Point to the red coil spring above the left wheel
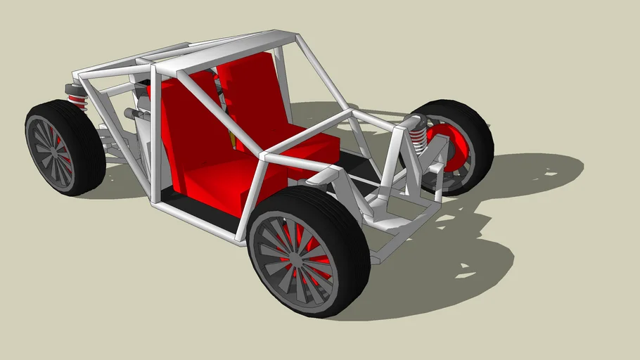tap(77, 103)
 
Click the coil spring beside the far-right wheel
tap(420, 140)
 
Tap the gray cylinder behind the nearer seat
tap(134, 114)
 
